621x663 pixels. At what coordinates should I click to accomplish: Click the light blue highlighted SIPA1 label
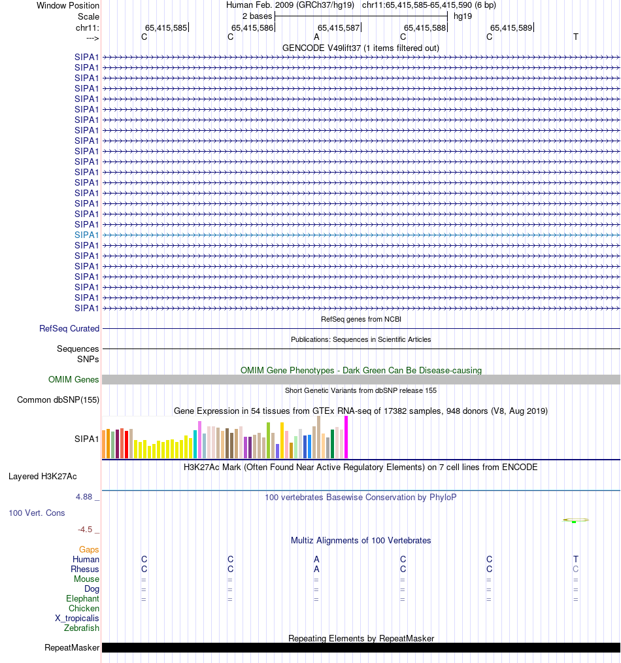pyautogui.click(x=86, y=235)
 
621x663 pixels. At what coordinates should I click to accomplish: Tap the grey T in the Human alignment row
pyautogui.click(x=576, y=559)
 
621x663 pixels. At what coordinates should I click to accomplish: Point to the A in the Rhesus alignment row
pyautogui.click(x=316, y=569)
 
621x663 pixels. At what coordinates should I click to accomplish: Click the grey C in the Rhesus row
pyautogui.click(x=576, y=569)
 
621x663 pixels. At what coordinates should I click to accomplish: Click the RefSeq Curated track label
pyautogui.click(x=69, y=329)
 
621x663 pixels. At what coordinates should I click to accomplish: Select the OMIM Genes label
pyautogui.click(x=74, y=380)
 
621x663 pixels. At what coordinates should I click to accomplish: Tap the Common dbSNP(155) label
pyautogui.click(x=58, y=400)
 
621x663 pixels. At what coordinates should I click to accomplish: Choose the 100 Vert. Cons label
pyautogui.click(x=37, y=513)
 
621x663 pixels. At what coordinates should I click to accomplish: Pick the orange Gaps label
pyautogui.click(x=89, y=550)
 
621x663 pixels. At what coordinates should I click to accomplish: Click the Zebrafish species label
pyautogui.click(x=82, y=628)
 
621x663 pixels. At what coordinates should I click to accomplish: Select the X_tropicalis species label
pyautogui.click(x=77, y=619)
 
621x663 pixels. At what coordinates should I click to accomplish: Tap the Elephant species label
pyautogui.click(x=82, y=599)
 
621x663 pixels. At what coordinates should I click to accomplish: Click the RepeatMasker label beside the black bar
pyautogui.click(x=72, y=648)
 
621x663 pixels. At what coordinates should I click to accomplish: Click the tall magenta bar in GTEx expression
pyautogui.click(x=346, y=437)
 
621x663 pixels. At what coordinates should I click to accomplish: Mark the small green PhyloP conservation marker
pyautogui.click(x=574, y=522)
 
